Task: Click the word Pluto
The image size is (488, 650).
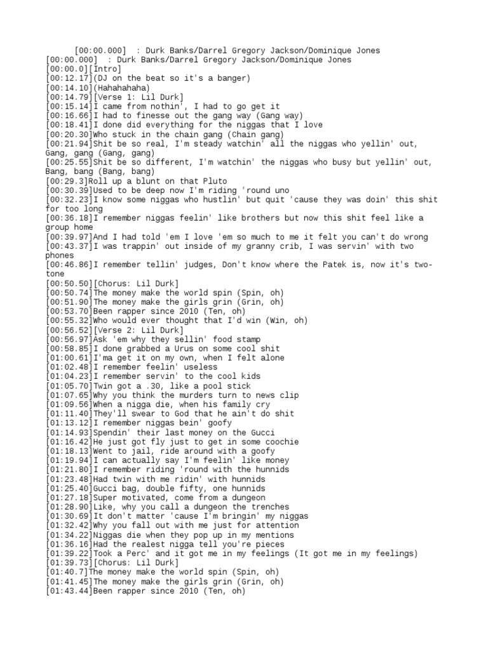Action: [x=208, y=181]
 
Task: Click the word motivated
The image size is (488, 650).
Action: [x=147, y=498]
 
